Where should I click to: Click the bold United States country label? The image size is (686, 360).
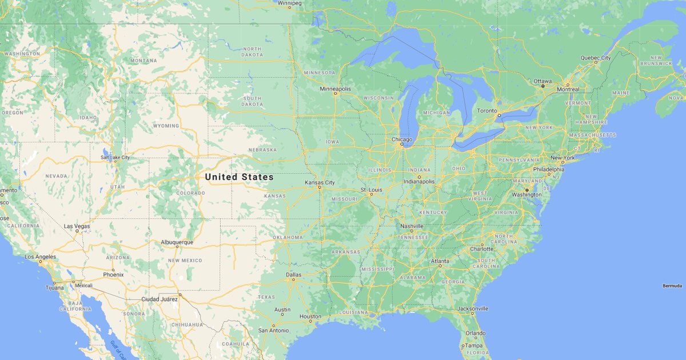(x=239, y=177)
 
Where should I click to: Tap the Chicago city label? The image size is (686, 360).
(x=402, y=139)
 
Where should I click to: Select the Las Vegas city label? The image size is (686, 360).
(x=77, y=226)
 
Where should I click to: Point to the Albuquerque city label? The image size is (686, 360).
(x=177, y=242)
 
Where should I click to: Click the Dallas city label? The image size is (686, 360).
(x=293, y=275)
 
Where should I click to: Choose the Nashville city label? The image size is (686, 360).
(x=412, y=226)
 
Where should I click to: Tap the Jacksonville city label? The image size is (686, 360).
(x=473, y=309)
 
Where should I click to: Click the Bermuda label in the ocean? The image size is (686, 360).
(x=672, y=286)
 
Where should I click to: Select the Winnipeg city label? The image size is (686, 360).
(x=289, y=3)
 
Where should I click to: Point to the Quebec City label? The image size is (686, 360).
(x=596, y=58)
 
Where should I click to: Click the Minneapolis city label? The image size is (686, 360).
(x=336, y=89)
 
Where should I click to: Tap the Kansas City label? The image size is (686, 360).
(x=320, y=182)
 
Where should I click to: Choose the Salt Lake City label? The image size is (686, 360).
(x=115, y=157)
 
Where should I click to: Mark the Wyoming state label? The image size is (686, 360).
(x=166, y=125)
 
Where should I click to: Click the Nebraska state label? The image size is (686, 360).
(x=262, y=150)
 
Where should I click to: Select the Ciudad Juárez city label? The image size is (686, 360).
(x=159, y=299)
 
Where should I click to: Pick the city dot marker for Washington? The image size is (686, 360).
(x=527, y=190)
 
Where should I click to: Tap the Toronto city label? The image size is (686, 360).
(x=487, y=110)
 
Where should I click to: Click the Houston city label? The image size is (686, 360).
(x=310, y=317)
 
